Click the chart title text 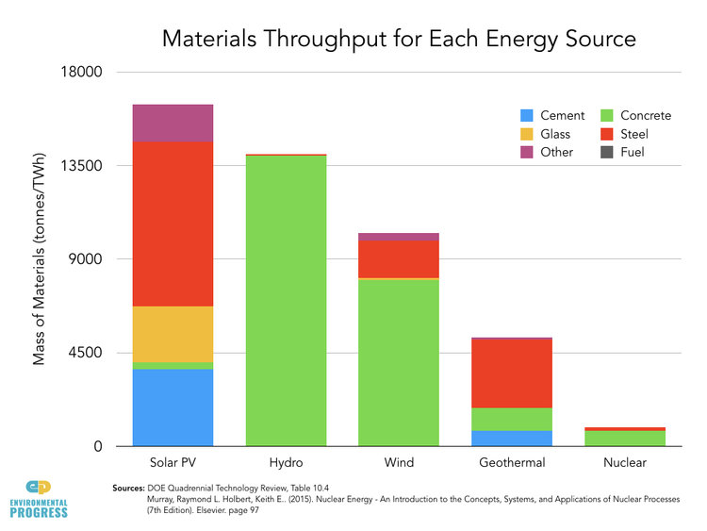tap(399, 39)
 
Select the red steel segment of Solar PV tap(173, 224)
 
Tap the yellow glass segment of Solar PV tap(173, 334)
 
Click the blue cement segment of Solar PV tap(173, 407)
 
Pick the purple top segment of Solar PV tap(173, 123)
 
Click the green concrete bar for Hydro tap(286, 300)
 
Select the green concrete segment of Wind tap(398, 362)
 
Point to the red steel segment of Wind tap(398, 259)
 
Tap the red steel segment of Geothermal tap(511, 373)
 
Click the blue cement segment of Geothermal tap(511, 438)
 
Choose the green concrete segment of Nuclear tap(624, 439)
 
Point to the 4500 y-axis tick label tap(88, 354)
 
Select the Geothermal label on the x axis tap(511, 463)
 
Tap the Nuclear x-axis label tap(624, 463)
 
